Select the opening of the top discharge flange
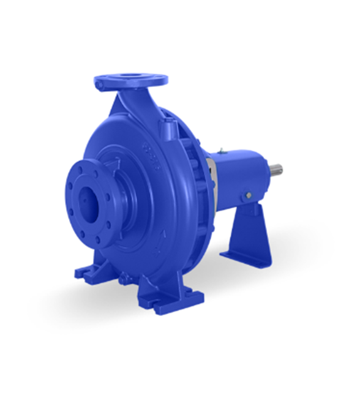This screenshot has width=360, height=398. click(130, 78)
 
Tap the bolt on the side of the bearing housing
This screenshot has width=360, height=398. click(248, 195)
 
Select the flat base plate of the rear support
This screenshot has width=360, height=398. click(245, 257)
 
